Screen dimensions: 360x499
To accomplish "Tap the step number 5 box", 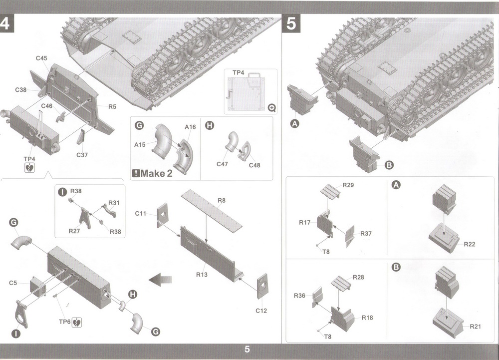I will pyautogui.click(x=292, y=24).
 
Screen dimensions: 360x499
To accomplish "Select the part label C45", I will pyautogui.click(x=41, y=58).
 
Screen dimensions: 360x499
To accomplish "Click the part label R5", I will pyautogui.click(x=112, y=106).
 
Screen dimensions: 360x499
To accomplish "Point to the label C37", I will pyautogui.click(x=82, y=155).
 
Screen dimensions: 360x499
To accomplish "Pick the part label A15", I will pyautogui.click(x=140, y=145).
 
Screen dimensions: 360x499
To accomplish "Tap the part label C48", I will pyautogui.click(x=255, y=165).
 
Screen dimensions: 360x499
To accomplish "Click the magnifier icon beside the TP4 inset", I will pyautogui.click(x=271, y=107).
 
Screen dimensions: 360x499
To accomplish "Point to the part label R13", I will pyautogui.click(x=203, y=275).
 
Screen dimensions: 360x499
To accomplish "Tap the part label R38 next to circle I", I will pyautogui.click(x=76, y=191).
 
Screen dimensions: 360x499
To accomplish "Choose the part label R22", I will pyautogui.click(x=470, y=244).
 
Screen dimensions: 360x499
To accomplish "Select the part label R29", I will pyautogui.click(x=348, y=185).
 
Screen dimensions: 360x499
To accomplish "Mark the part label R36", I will pyautogui.click(x=299, y=296).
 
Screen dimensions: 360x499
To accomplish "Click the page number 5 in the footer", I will pyautogui.click(x=247, y=350).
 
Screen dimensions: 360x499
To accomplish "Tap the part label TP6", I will pyautogui.click(x=65, y=322).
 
